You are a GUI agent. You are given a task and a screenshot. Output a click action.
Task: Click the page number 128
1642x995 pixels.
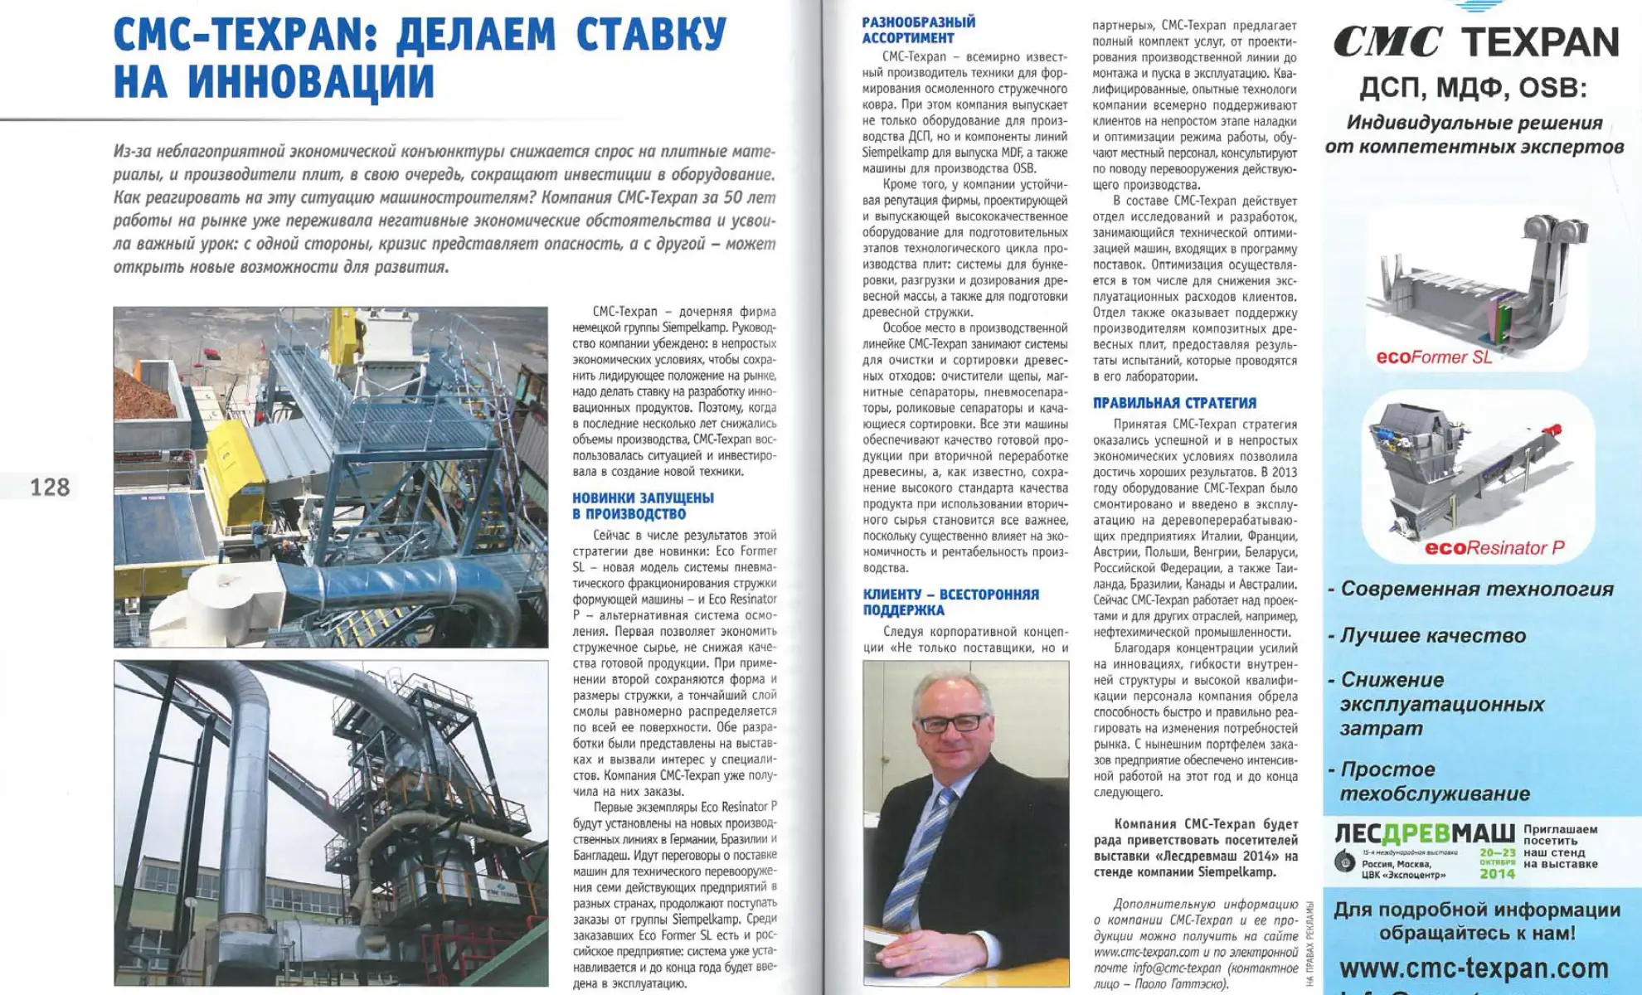tap(50, 487)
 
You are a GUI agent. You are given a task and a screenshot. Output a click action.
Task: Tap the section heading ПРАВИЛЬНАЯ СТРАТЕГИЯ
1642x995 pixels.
tap(1173, 403)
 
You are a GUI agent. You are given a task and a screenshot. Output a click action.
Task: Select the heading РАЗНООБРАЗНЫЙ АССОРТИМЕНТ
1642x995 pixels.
tap(918, 30)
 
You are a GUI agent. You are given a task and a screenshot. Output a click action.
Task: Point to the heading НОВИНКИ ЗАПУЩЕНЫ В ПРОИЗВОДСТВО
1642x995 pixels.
tap(643, 506)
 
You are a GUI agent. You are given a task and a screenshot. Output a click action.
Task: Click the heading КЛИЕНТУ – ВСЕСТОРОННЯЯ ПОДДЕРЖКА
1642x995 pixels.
tap(950, 602)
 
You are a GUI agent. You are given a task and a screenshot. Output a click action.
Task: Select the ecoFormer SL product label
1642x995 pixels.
tap(1433, 357)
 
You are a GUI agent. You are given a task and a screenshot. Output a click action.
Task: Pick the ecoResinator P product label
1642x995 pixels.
tap(1494, 548)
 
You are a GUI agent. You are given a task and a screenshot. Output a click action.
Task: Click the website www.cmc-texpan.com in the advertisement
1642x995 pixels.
tap(1473, 968)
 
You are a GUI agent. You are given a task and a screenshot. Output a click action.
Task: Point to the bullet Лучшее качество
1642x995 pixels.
tap(1432, 636)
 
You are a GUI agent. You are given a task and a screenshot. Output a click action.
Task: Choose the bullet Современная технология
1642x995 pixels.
tap(1476, 590)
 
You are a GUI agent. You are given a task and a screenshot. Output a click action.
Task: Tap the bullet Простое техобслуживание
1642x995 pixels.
tap(1435, 781)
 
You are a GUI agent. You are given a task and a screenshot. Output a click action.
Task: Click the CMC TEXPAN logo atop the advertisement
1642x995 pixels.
tap(1475, 41)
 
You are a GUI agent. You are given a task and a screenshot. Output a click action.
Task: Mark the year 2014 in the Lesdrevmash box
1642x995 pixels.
tap(1497, 874)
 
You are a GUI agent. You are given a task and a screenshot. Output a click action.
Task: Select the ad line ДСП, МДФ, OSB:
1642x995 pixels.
tap(1472, 88)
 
